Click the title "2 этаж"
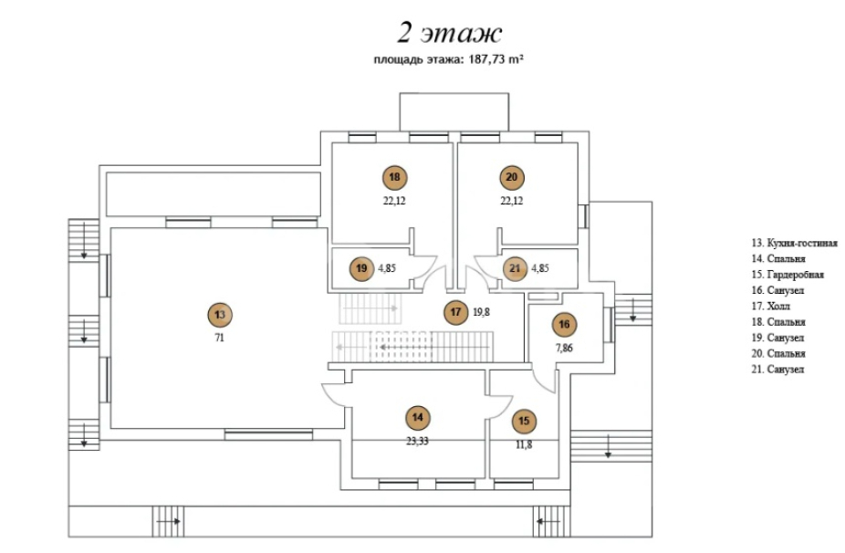(x=449, y=34)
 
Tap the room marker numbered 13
(x=219, y=315)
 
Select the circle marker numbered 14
(x=417, y=418)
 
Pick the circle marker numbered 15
(x=524, y=421)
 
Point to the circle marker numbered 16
(x=564, y=324)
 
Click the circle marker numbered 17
(x=454, y=312)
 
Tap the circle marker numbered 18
(x=394, y=178)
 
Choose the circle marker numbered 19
(x=361, y=268)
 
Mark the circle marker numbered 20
(x=511, y=178)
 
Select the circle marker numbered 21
(x=515, y=268)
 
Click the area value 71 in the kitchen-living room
(x=219, y=338)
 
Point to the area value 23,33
(x=417, y=440)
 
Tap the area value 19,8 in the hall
(x=482, y=312)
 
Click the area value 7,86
(x=564, y=347)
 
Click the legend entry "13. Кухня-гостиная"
(x=794, y=243)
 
